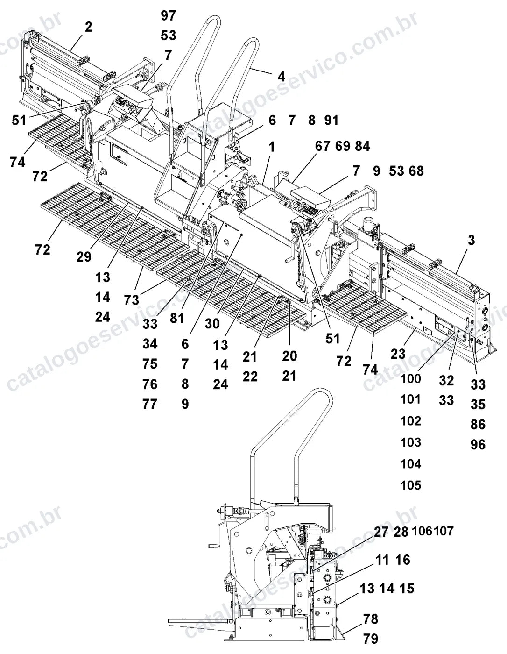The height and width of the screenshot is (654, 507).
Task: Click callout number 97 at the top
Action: click(169, 16)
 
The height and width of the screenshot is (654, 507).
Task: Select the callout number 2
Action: click(88, 28)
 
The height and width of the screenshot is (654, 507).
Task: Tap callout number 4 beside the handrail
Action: click(281, 77)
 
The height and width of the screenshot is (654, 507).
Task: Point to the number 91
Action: click(331, 121)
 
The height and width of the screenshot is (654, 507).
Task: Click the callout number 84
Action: click(362, 146)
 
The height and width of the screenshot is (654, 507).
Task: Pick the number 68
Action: click(416, 171)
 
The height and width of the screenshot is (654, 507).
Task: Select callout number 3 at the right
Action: click(471, 240)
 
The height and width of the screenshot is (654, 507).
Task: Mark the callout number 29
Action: click(84, 257)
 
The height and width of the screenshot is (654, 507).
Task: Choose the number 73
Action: click(132, 300)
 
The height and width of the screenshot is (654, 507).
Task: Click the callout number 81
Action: click(177, 318)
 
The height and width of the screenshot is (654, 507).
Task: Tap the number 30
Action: click(212, 324)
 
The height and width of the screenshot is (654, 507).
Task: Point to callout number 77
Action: click(150, 404)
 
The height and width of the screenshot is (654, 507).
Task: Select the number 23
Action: click(398, 354)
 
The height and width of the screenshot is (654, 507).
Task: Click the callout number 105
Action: click(411, 485)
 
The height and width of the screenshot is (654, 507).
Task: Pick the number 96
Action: click(478, 445)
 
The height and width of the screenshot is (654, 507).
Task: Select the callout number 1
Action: click(272, 148)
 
